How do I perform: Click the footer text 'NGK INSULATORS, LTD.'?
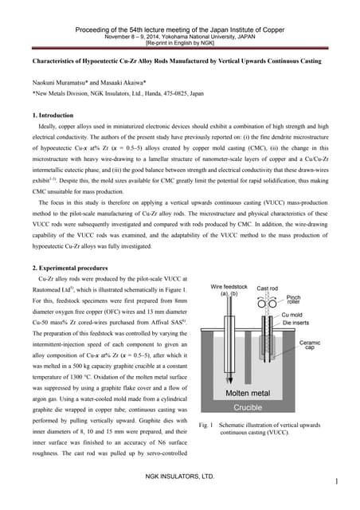pos(179,476)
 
